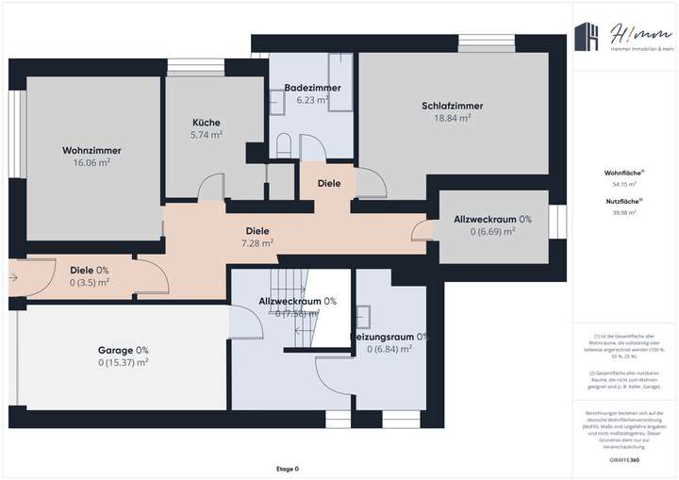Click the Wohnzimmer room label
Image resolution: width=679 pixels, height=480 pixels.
click(91, 150)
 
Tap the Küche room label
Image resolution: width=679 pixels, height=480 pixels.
click(207, 123)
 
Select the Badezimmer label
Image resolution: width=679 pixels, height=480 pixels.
click(312, 88)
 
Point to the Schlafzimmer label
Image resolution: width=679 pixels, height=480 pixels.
click(452, 107)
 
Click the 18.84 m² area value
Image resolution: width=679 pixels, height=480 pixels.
click(452, 119)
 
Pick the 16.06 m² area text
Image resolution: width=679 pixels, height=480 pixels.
click(91, 162)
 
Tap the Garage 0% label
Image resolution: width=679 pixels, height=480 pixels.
click(124, 350)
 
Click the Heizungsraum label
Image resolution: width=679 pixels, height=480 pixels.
click(389, 337)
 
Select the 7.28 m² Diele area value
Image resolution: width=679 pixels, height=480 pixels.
click(257, 242)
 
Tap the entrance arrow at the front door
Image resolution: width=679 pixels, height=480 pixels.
click(12, 278)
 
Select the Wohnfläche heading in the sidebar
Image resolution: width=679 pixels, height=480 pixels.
click(624, 174)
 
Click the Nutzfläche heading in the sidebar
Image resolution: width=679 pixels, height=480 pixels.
click(624, 202)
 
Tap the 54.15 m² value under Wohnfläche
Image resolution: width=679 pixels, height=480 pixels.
click(624, 185)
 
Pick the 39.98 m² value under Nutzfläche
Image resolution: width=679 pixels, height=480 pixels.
click(624, 213)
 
